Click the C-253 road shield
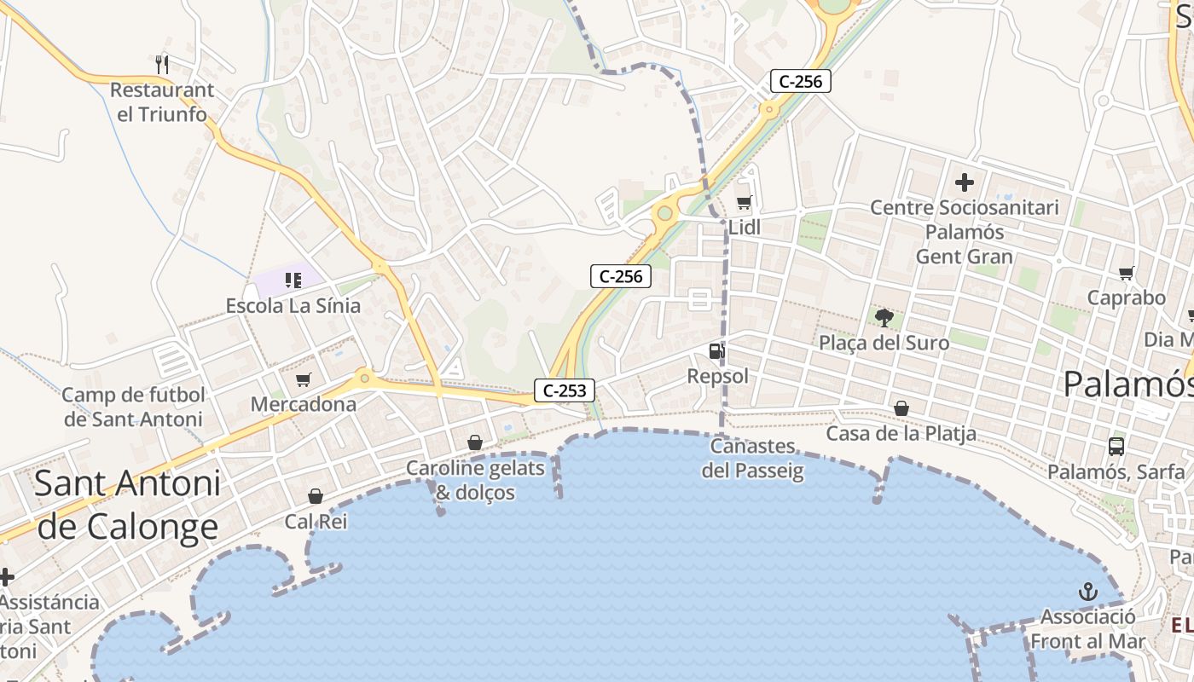tap(565, 390)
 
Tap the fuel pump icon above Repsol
tap(716, 350)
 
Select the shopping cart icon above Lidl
tap(744, 202)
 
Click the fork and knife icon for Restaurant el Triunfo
tap(162, 64)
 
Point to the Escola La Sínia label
tap(293, 305)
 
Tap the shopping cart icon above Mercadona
tap(303, 379)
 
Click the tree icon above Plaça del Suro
tap(884, 318)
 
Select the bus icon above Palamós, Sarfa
tap(1116, 446)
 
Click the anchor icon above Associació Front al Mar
tap(1087, 591)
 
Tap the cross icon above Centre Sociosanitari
tap(965, 182)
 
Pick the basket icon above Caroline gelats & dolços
tap(475, 442)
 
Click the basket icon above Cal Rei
tap(316, 496)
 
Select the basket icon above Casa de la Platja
tap(901, 409)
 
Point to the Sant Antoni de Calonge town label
tap(128, 506)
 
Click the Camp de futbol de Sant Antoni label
tap(134, 407)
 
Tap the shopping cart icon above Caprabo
tap(1126, 273)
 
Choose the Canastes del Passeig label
tap(753, 459)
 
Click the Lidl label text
tap(745, 228)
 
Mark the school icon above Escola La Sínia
tap(293, 280)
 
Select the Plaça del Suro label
tap(884, 343)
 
